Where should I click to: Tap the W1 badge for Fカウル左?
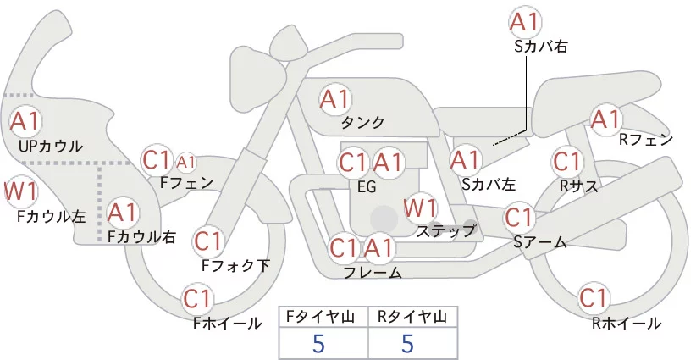pyautogui.click(x=20, y=191)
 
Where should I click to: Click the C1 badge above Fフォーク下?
pyautogui.click(x=208, y=241)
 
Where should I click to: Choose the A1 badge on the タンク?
pyautogui.click(x=335, y=98)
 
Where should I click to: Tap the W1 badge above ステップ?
pyautogui.click(x=421, y=207)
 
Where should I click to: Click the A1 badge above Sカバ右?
pyautogui.click(x=525, y=22)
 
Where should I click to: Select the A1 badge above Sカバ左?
pyautogui.click(x=466, y=158)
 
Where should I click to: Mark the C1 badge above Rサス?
pyautogui.click(x=566, y=160)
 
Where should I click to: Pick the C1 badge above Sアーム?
pyautogui.click(x=520, y=217)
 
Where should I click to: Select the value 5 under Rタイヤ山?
pyautogui.click(x=407, y=343)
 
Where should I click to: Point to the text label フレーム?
pyautogui.click(x=373, y=273)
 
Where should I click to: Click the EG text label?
pyautogui.click(x=367, y=187)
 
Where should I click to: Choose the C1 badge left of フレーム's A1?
pyautogui.click(x=345, y=249)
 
